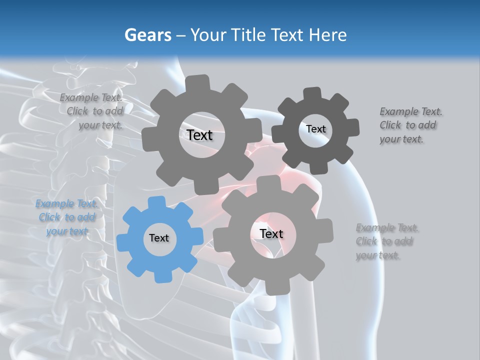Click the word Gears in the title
click(147, 35)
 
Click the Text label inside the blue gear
click(159, 238)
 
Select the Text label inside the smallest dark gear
click(315, 129)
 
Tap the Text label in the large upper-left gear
click(199, 135)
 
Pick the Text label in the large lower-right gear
click(271, 233)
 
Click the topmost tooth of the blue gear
click(157, 202)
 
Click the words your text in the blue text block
click(67, 231)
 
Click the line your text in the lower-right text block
click(377, 255)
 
